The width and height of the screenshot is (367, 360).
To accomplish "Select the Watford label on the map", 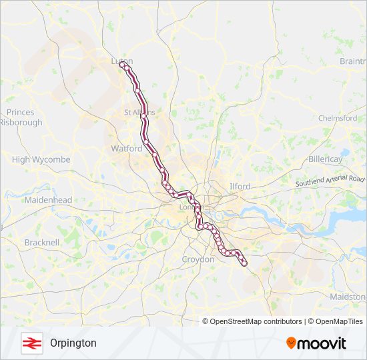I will pyautogui.click(x=127, y=148).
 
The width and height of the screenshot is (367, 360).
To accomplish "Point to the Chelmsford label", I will pyautogui.click(x=338, y=118).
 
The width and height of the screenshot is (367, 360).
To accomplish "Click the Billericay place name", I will pyautogui.click(x=326, y=159).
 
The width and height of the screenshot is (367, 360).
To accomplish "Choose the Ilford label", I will pyautogui.click(x=240, y=186).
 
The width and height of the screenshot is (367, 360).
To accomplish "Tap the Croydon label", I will pyautogui.click(x=198, y=259).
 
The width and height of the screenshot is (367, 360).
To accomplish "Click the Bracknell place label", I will pyautogui.click(x=42, y=243).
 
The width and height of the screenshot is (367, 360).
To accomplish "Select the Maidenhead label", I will pyautogui.click(x=47, y=200).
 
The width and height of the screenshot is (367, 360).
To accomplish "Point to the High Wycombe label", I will pyautogui.click(x=41, y=160).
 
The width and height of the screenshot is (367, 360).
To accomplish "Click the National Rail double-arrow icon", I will pyautogui.click(x=31, y=343).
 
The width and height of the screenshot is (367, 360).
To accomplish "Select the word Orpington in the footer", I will pyautogui.click(x=73, y=343).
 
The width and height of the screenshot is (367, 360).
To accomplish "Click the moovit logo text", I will pyautogui.click(x=322, y=343).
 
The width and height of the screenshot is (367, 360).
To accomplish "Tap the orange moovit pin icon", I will pyautogui.click(x=292, y=343).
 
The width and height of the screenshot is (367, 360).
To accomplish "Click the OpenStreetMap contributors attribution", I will pyautogui.click(x=254, y=321).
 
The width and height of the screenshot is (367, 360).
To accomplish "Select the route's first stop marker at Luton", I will pyautogui.click(x=121, y=65).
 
